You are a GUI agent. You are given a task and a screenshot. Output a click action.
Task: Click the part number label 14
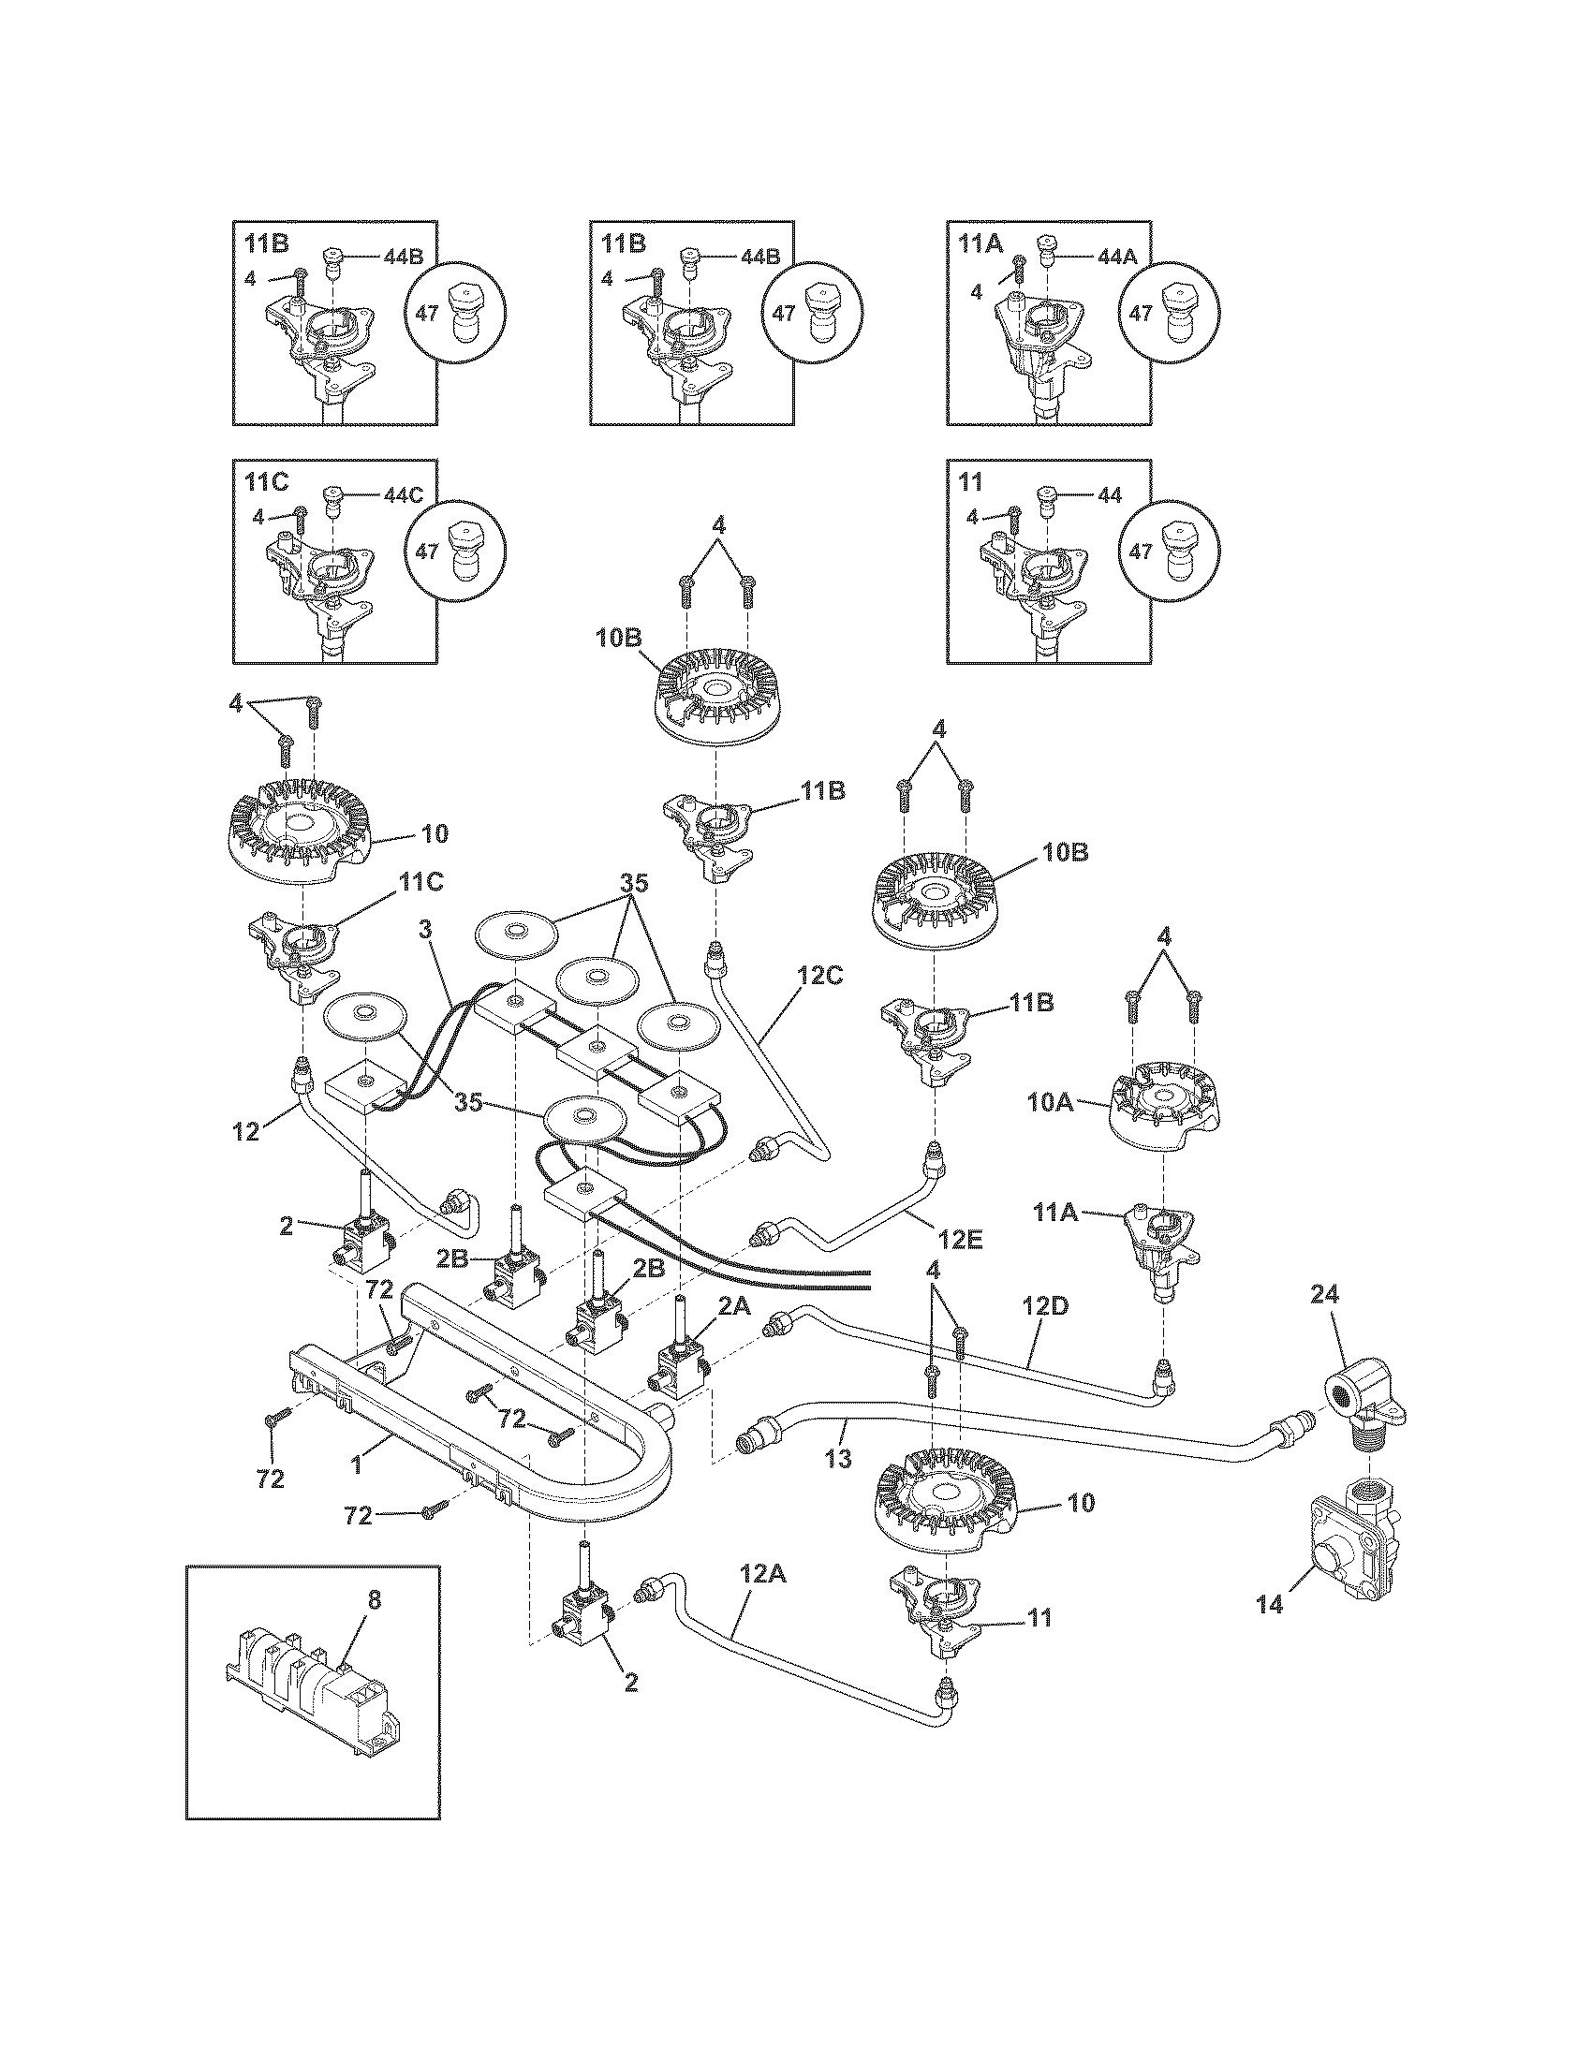point(1271,1602)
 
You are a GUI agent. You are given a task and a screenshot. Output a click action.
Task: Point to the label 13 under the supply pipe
point(837,1459)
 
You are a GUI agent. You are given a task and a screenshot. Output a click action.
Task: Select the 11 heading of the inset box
point(970,483)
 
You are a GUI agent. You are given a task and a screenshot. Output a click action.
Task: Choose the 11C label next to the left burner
point(420,883)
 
